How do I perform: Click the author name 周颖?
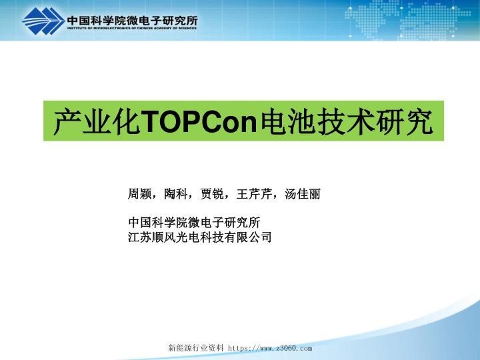[x=139, y=195]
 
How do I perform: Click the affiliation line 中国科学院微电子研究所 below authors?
[x=193, y=223]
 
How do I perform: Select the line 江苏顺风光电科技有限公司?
[x=199, y=236]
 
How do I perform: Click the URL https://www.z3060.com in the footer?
[x=270, y=348]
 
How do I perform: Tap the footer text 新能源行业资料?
[x=196, y=348]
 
